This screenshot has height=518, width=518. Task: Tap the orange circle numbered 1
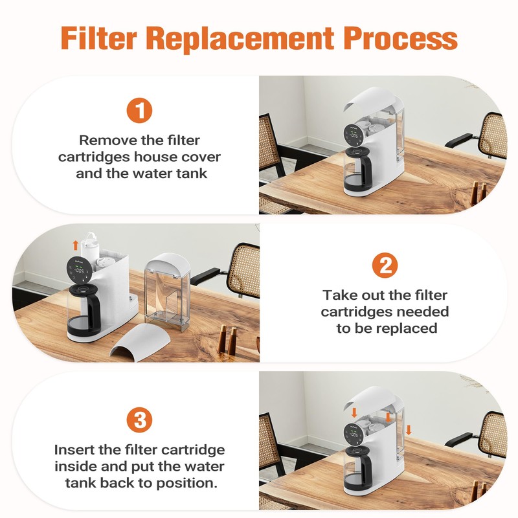pos(139,110)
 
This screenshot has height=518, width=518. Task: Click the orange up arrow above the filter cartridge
pos(76,245)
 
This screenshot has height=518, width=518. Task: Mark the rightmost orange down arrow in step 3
pos(409,430)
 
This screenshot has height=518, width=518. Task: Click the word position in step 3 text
pos(179,484)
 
